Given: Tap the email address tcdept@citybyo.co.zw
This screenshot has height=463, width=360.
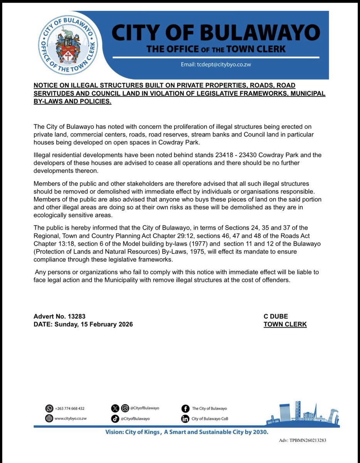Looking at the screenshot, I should pyautogui.click(x=216, y=64).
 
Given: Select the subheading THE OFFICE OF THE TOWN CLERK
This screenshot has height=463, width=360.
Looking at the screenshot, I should pyautogui.click(x=215, y=49).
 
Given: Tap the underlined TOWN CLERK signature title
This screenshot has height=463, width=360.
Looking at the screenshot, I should pyautogui.click(x=285, y=324).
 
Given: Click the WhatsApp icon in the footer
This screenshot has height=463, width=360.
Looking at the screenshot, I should pyautogui.click(x=49, y=408).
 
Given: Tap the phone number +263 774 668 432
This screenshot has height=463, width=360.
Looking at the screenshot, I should pyautogui.click(x=70, y=408).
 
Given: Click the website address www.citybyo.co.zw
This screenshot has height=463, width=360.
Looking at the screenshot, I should pyautogui.click(x=70, y=418).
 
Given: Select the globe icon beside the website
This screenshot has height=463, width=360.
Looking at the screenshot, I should pyautogui.click(x=49, y=418).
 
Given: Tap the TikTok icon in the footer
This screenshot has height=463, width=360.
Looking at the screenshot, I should pyautogui.click(x=115, y=418).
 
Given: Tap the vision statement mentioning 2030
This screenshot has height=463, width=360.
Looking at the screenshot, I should pyautogui.click(x=187, y=432).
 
